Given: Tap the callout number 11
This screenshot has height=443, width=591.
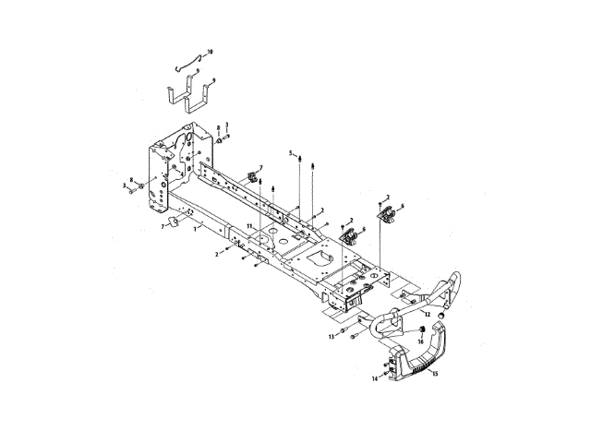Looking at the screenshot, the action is pyautogui.click(x=248, y=226).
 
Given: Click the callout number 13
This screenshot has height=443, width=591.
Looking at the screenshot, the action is pyautogui.click(x=330, y=337).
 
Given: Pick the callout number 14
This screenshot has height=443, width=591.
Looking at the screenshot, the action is pyautogui.click(x=376, y=378).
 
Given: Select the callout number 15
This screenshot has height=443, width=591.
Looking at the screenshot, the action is pyautogui.click(x=436, y=374).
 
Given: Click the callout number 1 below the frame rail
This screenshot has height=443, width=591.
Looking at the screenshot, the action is pyautogui.click(x=194, y=229).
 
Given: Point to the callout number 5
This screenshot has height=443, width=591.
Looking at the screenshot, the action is pyautogui.click(x=289, y=152).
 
